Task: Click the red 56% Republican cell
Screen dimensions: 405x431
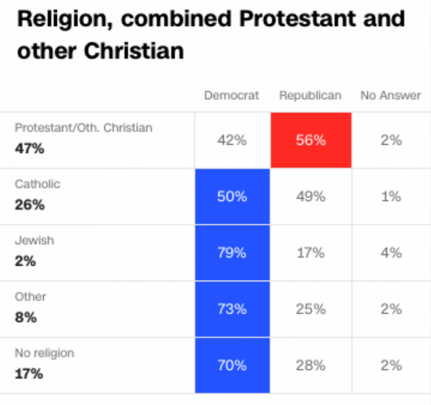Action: pos(311,140)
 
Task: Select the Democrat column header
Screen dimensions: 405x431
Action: pos(232,96)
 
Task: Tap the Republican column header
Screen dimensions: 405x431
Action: pos(310,96)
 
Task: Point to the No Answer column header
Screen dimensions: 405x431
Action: pos(390,96)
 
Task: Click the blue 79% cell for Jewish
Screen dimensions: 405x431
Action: pos(232,253)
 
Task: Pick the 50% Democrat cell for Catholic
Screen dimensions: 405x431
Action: pos(232,197)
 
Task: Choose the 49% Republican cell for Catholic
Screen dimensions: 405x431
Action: pos(311,197)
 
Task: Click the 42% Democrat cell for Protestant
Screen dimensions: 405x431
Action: pos(232,140)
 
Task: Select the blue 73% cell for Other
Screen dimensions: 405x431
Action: pos(232,309)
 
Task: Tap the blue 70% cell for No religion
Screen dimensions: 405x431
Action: pos(232,365)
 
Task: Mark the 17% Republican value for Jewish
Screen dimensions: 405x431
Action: pos(311,253)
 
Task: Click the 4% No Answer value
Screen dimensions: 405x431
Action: pos(390,253)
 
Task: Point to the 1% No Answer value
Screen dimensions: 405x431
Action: pos(390,197)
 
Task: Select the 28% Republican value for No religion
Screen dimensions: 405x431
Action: pos(311,365)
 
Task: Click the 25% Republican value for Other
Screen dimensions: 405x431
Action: pos(311,309)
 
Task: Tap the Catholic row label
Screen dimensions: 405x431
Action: pos(37,184)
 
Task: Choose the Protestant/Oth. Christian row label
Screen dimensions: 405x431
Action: pos(84,128)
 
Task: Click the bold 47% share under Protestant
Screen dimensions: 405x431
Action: pos(29,149)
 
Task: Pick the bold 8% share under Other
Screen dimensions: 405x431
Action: pos(25,318)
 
